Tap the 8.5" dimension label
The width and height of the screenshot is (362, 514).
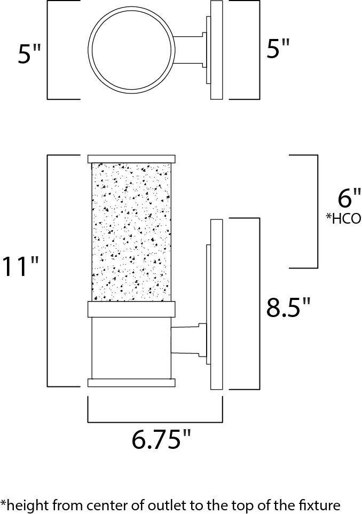click(x=288, y=308)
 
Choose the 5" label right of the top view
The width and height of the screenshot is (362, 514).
click(x=278, y=51)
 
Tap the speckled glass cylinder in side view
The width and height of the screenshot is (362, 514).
click(x=131, y=232)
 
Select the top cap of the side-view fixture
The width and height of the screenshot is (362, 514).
click(x=131, y=159)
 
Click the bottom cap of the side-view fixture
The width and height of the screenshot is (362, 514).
click(x=131, y=382)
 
